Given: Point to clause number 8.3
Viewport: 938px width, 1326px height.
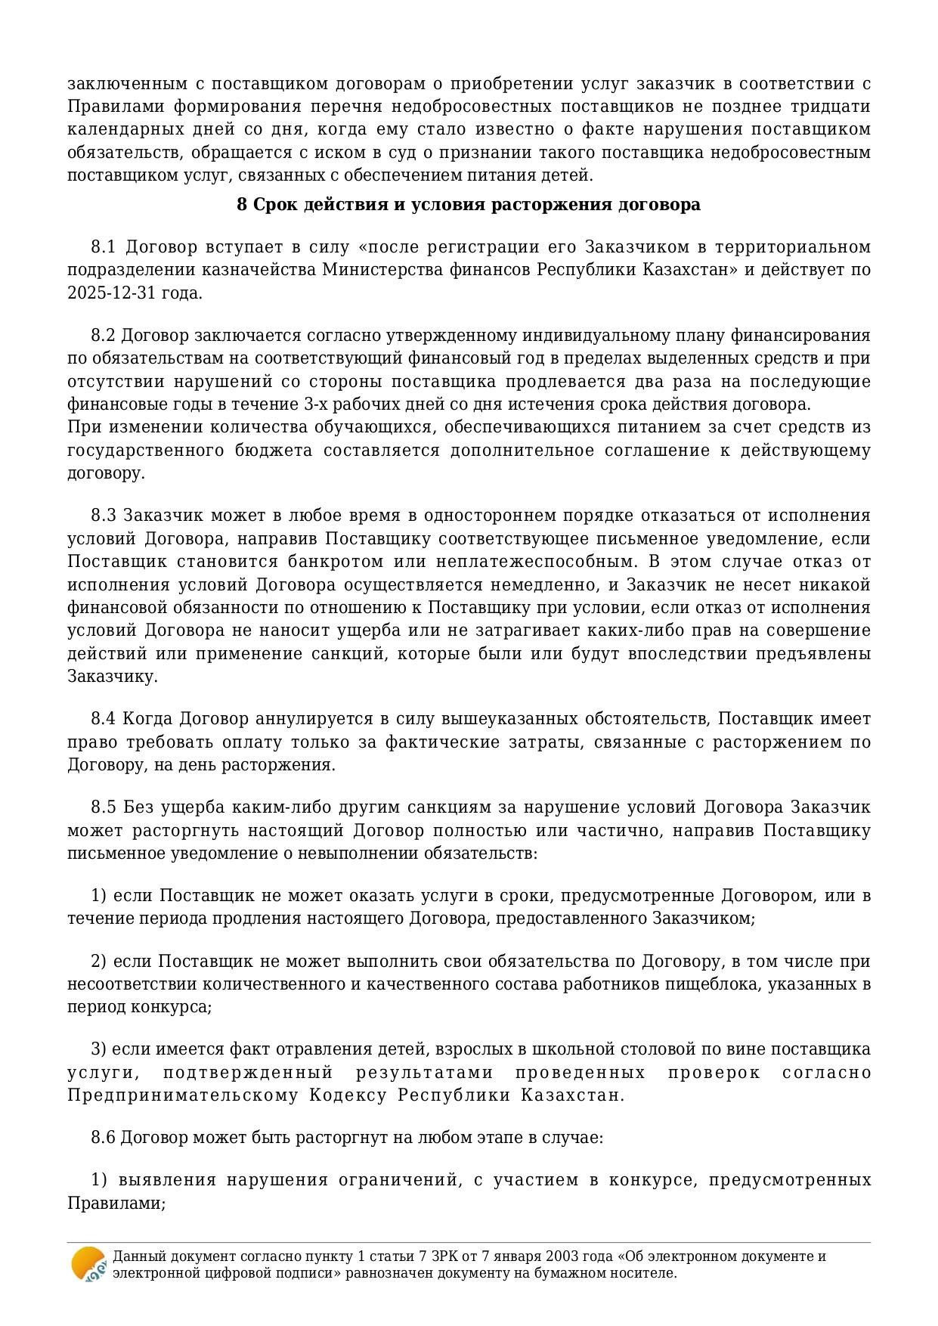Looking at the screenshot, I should [104, 516].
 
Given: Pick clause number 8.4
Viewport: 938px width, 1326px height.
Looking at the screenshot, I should [104, 718].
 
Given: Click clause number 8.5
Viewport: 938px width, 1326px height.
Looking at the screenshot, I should [104, 807].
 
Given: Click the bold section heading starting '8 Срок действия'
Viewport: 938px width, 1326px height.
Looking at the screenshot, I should [468, 205].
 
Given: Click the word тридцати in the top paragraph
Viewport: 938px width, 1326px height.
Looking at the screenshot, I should [837, 106].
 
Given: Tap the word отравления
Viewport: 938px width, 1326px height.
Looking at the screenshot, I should [332, 1049].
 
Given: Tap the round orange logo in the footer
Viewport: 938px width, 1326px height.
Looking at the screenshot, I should [88, 1264].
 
